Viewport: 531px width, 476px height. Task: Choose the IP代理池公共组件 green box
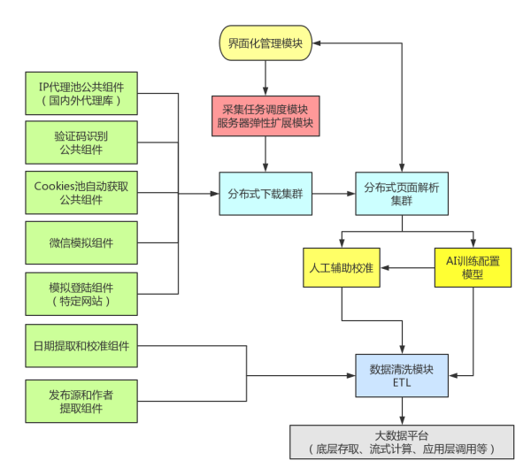point(81,94)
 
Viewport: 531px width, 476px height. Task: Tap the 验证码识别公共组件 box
point(81,142)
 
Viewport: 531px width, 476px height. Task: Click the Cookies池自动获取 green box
point(81,192)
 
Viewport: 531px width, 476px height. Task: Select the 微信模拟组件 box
point(81,242)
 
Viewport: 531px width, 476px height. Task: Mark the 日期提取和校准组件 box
point(81,346)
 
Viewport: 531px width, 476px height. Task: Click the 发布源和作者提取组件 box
point(81,402)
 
